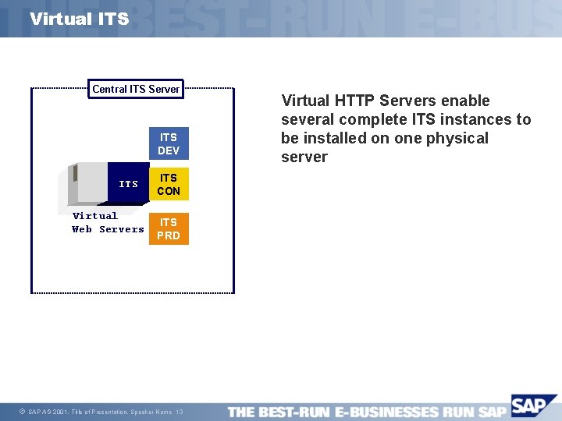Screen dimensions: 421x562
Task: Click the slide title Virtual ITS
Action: pyautogui.click(x=79, y=19)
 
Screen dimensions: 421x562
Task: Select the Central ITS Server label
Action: pyautogui.click(x=136, y=89)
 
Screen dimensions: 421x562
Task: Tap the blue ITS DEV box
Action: pyautogui.click(x=169, y=144)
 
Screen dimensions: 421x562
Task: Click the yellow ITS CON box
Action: pyautogui.click(x=169, y=184)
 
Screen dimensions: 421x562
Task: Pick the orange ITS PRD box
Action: pyautogui.click(x=169, y=228)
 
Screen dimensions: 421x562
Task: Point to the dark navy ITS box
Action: pyautogui.click(x=128, y=184)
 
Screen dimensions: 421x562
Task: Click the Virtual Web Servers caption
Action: pyautogui.click(x=108, y=222)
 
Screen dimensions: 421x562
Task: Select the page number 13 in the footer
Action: pyautogui.click(x=180, y=412)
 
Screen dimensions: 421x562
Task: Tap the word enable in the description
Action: pyautogui.click(x=466, y=101)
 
